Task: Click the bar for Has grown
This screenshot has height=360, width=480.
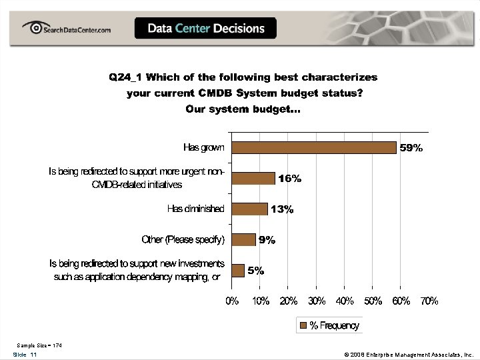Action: pos(313,147)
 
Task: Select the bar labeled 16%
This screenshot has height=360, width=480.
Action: pos(253,178)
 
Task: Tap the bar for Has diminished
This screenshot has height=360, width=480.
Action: pos(249,209)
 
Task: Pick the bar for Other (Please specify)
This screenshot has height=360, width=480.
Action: pos(243,239)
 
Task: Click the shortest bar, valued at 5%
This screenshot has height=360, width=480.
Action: pos(238,270)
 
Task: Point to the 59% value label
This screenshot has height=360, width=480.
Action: pos(411,148)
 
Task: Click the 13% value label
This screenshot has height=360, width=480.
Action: pos(282,209)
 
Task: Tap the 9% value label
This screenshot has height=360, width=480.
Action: pos(267,240)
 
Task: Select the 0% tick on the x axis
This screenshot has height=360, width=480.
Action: pos(232,301)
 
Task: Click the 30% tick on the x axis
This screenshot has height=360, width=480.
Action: pos(317,301)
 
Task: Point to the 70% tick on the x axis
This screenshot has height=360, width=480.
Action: pos(429,301)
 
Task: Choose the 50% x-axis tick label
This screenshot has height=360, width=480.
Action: pos(373,301)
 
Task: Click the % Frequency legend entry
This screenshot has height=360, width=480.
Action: pos(330,325)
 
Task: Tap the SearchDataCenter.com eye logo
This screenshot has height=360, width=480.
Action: pos(32,27)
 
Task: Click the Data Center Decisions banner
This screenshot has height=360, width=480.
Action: pos(206,28)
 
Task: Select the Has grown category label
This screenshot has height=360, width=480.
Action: pos(204,147)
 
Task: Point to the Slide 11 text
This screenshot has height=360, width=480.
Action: pos(25,355)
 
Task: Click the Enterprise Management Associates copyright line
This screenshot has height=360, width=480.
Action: pos(409,355)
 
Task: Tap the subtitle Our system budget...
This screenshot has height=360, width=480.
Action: pos(243,109)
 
